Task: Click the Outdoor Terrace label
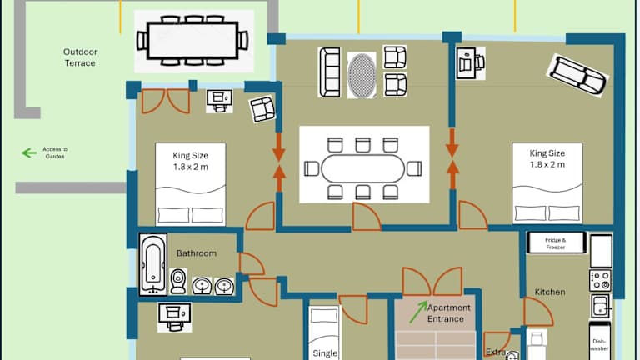click(79, 57)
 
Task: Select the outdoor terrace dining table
click(194, 39)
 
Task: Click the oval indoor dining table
click(364, 169)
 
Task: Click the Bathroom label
click(197, 253)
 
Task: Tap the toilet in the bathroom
click(177, 281)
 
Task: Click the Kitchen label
click(550, 292)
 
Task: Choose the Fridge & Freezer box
click(555, 243)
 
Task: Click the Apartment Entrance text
click(448, 312)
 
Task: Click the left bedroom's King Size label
click(190, 160)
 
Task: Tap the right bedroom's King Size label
click(547, 158)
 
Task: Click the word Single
click(325, 352)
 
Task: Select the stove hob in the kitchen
click(601, 280)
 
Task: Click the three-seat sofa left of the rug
click(329, 72)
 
